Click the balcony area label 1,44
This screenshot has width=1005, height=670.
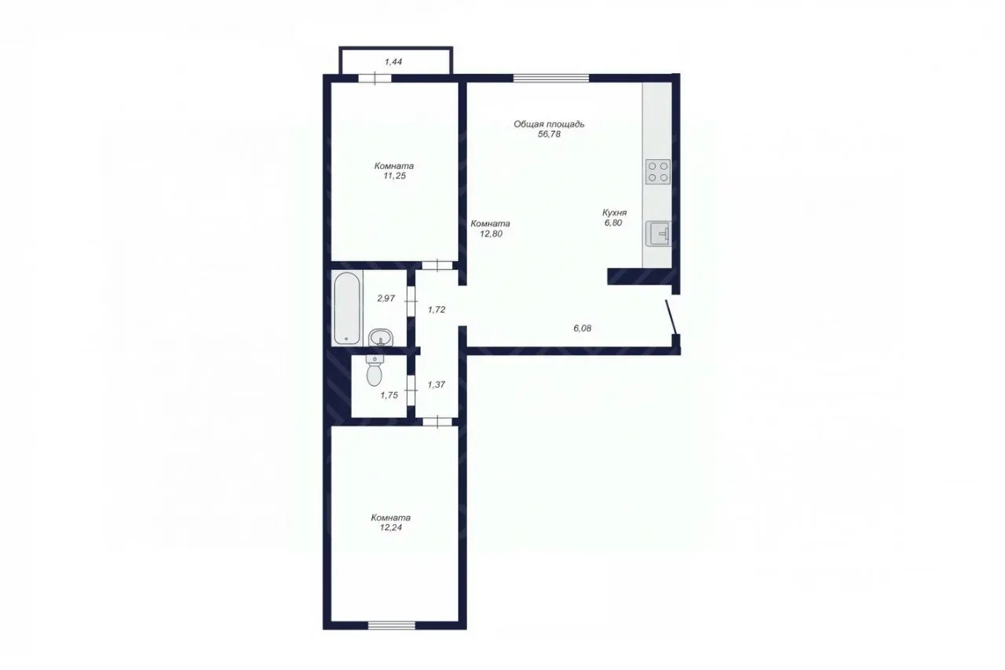tap(393, 62)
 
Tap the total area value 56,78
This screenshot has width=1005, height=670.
tap(549, 134)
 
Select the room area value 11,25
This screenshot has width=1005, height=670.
tap(394, 176)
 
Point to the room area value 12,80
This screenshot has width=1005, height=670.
tap(491, 234)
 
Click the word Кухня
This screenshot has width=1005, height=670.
tap(614, 213)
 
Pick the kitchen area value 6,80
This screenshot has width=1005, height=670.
tap(613, 223)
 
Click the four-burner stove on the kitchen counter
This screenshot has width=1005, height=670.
tap(658, 172)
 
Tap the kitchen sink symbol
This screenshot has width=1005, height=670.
tap(658, 233)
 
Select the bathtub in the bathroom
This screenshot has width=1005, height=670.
tap(346, 308)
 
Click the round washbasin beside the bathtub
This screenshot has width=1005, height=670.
tap(381, 337)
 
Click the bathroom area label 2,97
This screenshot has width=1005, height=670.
tap(386, 298)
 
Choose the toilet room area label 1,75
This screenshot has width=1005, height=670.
tap(389, 395)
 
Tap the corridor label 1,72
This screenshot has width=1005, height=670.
tap(437, 309)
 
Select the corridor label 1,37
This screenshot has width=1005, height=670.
tap(437, 385)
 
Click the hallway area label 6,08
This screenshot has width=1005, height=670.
tap(583, 328)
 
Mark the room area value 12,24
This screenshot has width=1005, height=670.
tap(391, 528)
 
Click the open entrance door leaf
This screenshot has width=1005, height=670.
tap(671, 317)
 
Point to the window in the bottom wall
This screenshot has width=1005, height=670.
tap(392, 625)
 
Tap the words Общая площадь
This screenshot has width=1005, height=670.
tap(549, 124)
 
